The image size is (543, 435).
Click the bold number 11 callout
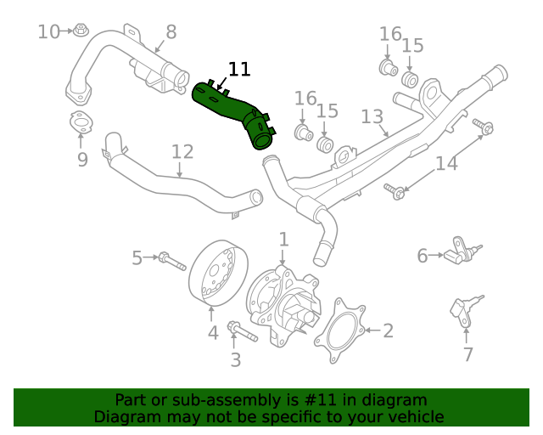tap(239, 70)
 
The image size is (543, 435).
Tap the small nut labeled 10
tap(80, 31)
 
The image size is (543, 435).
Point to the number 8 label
tap(171, 32)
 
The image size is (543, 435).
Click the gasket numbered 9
tap(81, 123)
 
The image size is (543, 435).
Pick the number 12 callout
tap(182, 152)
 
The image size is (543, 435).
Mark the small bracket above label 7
tap(463, 311)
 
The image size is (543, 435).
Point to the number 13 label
tap(372, 116)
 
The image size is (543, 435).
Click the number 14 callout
tap(446, 163)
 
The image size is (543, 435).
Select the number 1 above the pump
tap(284, 240)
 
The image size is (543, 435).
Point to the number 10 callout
tap(49, 32)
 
